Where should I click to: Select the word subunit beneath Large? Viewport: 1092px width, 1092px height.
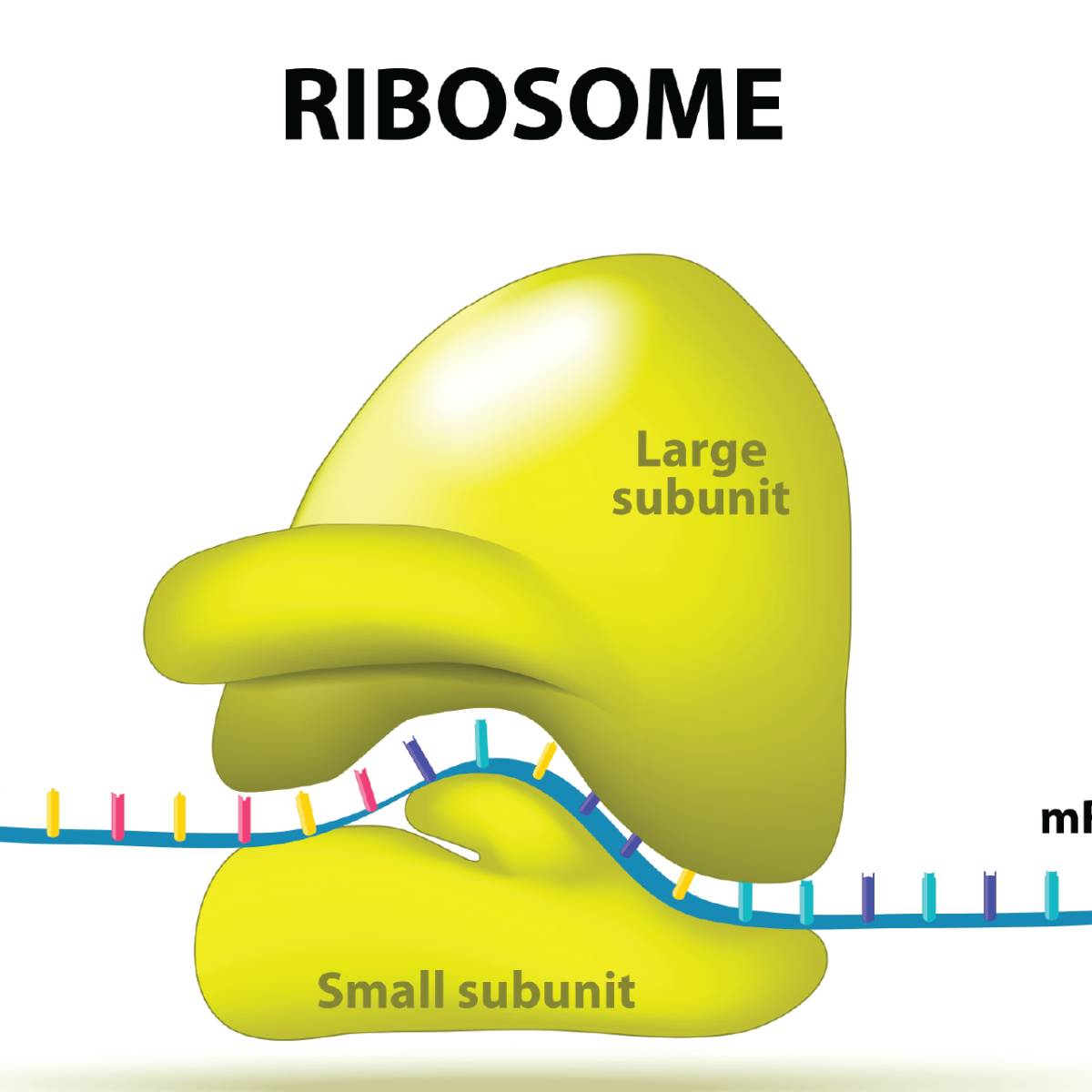tap(700, 498)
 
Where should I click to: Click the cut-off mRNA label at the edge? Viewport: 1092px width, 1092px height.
tap(1067, 820)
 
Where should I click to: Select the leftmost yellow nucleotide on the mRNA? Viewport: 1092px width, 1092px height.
tap(54, 812)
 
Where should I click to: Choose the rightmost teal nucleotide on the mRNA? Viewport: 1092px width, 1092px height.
tap(1052, 895)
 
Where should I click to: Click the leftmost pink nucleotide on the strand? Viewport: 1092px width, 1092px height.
tap(117, 814)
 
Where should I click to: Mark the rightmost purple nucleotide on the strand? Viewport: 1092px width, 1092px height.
tap(990, 895)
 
